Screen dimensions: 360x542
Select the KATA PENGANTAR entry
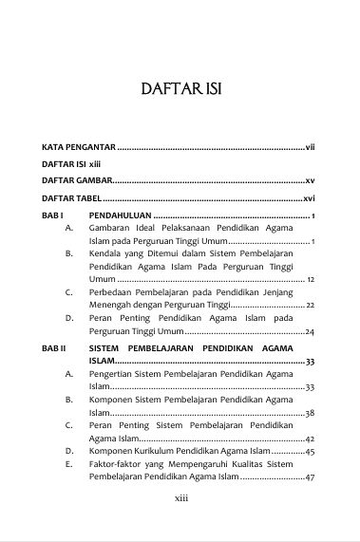coord(78,148)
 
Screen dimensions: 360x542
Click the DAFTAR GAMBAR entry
coord(76,179)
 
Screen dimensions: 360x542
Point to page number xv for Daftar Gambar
coord(310,179)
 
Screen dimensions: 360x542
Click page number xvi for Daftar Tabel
coord(309,198)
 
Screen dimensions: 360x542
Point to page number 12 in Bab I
coord(311,281)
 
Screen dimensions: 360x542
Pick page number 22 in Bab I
coord(311,306)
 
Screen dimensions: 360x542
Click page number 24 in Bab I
coord(311,331)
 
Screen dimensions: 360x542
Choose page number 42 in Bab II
coord(311,439)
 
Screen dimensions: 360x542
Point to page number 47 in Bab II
coord(311,477)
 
